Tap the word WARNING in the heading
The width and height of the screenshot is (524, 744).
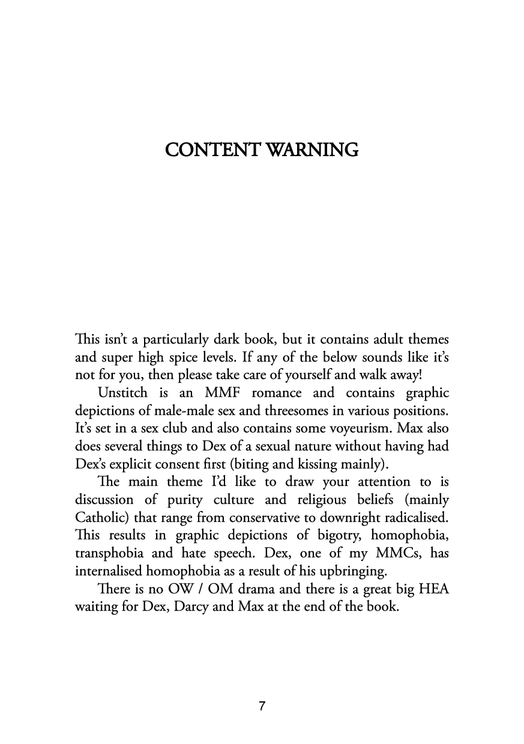pyautogui.click(x=312, y=149)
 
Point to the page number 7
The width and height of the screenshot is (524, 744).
pyautogui.click(x=262, y=706)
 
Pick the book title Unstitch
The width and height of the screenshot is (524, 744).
pyautogui.click(x=122, y=393)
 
